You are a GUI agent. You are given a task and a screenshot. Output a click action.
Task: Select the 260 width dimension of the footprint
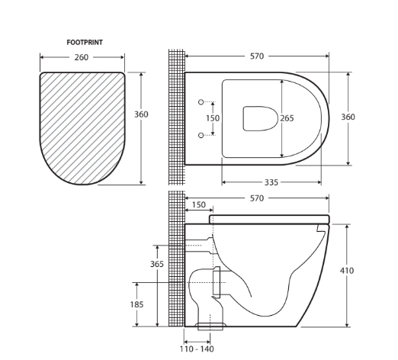pyautogui.click(x=82, y=57)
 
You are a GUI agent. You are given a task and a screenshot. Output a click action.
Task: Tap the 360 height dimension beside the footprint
pyautogui.click(x=141, y=114)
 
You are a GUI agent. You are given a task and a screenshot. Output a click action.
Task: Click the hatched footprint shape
pyautogui.click(x=82, y=126)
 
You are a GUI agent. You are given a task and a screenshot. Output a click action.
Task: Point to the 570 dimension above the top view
pyautogui.click(x=257, y=56)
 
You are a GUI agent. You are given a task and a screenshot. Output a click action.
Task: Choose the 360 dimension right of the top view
pyautogui.click(x=348, y=117)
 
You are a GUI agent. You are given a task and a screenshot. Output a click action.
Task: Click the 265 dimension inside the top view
pyautogui.click(x=287, y=118)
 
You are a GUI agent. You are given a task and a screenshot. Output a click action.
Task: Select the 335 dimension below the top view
pyautogui.click(x=270, y=183)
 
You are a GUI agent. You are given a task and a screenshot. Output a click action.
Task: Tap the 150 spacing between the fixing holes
pyautogui.click(x=213, y=118)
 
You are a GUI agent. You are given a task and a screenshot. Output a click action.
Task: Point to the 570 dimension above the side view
pyautogui.click(x=257, y=198)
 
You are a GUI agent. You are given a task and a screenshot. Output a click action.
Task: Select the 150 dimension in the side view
pyautogui.click(x=198, y=205)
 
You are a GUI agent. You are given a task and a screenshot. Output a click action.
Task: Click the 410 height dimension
pyautogui.click(x=347, y=270)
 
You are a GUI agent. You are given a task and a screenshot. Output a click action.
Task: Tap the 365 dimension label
pyautogui.click(x=156, y=264)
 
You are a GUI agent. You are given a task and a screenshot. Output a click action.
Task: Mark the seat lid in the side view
pyautogui.click(x=268, y=219)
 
